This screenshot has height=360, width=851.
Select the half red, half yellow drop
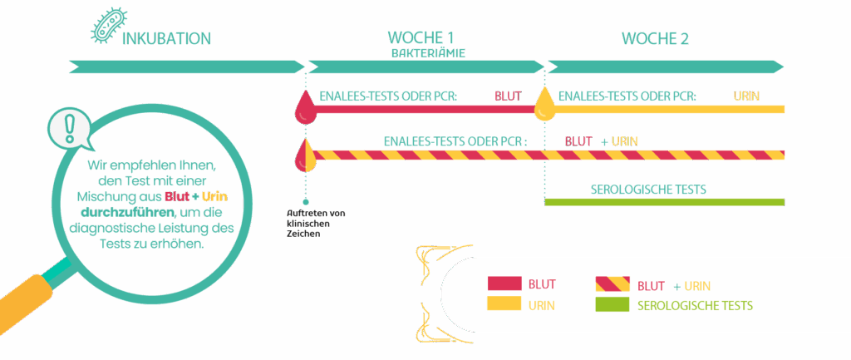tap(305, 154)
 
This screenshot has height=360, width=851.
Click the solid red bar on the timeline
tap(424, 109)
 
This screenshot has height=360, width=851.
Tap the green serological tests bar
tap(665, 202)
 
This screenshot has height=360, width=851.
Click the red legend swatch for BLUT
tap(504, 284)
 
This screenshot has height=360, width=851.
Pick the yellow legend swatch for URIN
tap(504, 305)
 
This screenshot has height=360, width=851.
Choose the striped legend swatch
tap(612, 284)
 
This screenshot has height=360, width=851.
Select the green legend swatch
tap(612, 305)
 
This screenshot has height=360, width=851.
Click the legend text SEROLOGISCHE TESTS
tap(695, 306)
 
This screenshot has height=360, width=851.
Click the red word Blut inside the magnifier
tap(176, 196)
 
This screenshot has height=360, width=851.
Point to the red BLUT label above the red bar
tap(508, 96)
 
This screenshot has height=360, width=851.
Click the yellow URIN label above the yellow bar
tap(745, 96)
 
